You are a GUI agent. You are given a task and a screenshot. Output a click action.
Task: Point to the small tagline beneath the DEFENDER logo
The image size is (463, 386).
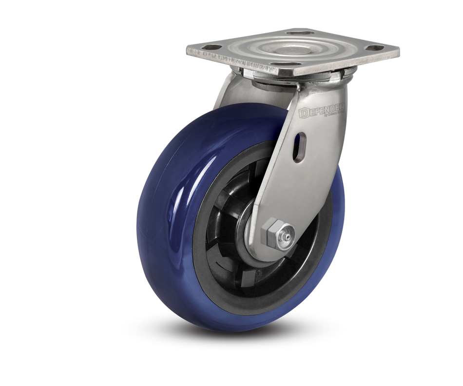tap(331, 116)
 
